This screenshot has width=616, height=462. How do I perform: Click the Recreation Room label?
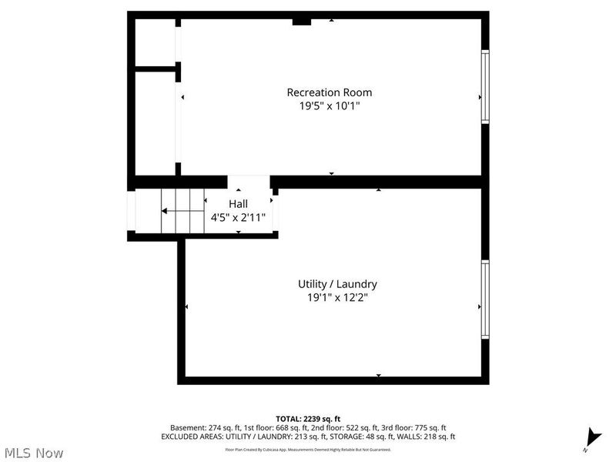point(330,92)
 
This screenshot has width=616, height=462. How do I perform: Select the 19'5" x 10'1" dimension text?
point(330,106)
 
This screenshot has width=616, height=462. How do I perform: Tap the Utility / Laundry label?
point(337,283)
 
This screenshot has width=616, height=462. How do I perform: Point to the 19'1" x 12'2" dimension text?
point(337,297)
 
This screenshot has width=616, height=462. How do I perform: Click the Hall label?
point(238,203)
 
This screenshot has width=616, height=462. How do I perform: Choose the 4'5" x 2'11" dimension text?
point(238,217)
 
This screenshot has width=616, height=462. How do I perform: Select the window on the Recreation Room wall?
point(484,85)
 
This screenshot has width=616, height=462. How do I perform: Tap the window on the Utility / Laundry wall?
point(484,300)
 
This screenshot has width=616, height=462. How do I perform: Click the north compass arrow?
point(591,437)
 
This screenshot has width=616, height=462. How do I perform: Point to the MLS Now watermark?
point(33,453)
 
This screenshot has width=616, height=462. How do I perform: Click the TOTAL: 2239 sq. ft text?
point(308,418)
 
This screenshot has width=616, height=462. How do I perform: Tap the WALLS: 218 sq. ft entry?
point(427,437)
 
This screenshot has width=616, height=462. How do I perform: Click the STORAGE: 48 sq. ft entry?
point(366,437)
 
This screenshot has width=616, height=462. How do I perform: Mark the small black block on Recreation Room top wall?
point(301,22)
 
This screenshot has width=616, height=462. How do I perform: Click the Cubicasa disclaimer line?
point(308,449)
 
